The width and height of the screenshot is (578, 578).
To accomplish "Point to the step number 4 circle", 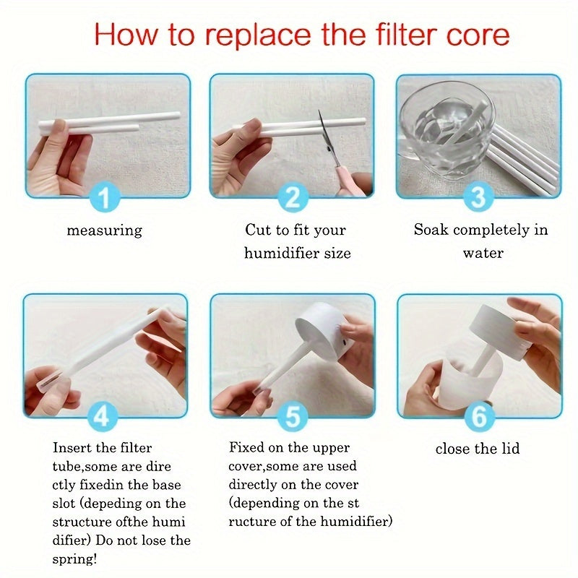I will (x=105, y=417).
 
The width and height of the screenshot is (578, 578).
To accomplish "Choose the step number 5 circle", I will (x=293, y=417).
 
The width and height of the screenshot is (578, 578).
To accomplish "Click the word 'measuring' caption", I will (x=105, y=231).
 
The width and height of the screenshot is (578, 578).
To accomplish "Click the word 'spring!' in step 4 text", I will (x=77, y=559).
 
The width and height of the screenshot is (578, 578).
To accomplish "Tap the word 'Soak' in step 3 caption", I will (x=431, y=230).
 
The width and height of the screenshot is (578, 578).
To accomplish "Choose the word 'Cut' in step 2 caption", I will (x=257, y=230).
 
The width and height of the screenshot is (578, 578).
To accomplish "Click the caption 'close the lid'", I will (x=478, y=449).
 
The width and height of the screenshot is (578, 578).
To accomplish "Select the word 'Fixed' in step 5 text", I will (x=246, y=448).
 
